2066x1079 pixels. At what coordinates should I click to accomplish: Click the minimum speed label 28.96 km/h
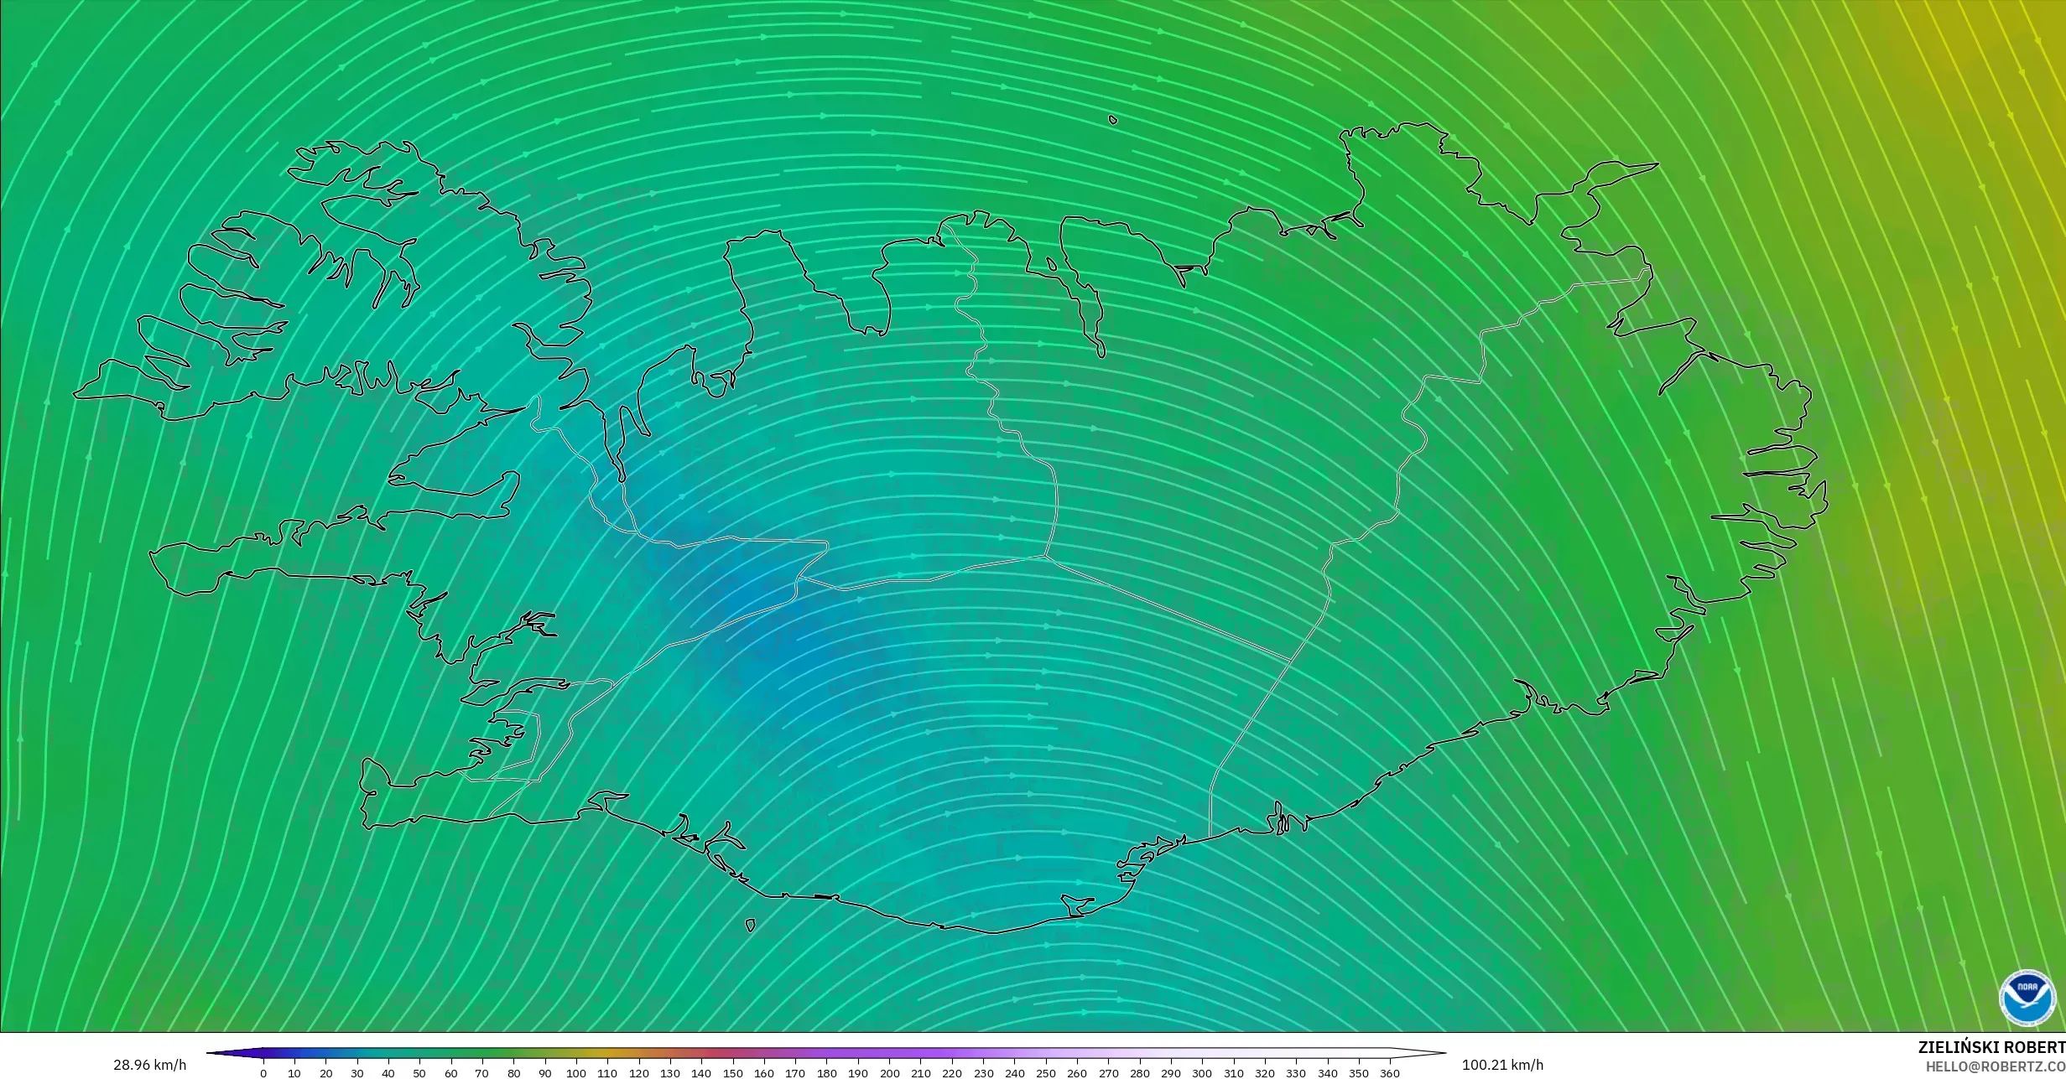click(149, 1065)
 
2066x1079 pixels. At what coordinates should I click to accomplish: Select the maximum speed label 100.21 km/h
click(1502, 1065)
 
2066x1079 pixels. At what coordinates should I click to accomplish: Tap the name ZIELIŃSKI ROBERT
click(1991, 1047)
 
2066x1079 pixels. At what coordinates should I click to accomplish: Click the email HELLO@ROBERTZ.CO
click(1995, 1066)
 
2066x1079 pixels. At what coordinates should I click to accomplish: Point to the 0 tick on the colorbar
click(263, 1073)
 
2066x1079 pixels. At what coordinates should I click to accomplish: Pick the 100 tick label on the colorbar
click(575, 1073)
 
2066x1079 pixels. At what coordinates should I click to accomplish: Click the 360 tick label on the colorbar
click(1389, 1073)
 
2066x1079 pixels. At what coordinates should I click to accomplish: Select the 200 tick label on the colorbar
click(889, 1073)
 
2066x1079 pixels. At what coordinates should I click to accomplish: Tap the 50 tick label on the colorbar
click(419, 1073)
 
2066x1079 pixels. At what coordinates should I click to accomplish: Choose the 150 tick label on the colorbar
click(732, 1073)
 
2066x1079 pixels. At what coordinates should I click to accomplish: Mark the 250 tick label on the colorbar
click(1045, 1073)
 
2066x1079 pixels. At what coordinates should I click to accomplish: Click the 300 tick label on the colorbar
click(1202, 1073)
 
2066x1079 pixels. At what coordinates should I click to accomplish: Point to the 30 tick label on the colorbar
click(356, 1073)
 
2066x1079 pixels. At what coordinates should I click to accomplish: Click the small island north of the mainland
click(1113, 120)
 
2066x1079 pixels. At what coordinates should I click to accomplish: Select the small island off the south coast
click(750, 926)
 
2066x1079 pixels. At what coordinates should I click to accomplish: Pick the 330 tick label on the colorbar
click(1296, 1073)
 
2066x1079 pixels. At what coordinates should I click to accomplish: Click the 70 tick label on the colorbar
click(481, 1073)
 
